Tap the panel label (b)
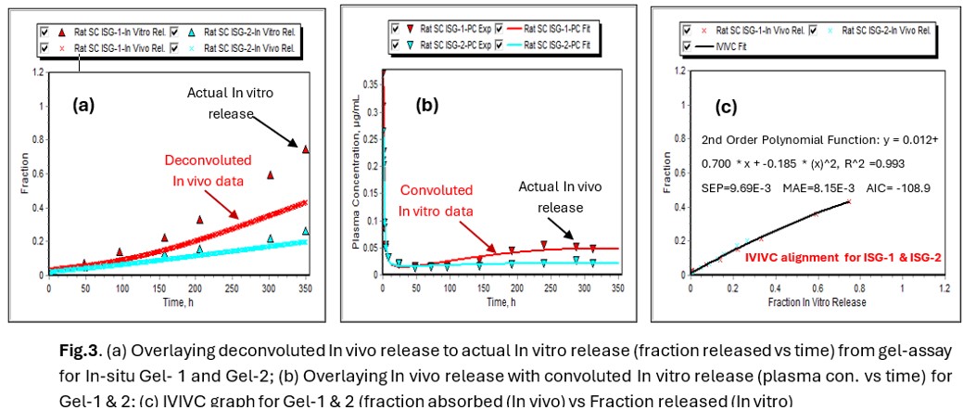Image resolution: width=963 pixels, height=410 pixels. tap(427, 105)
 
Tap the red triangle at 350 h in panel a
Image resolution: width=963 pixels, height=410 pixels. tap(305, 148)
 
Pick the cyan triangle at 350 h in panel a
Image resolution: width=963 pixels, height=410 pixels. tap(306, 231)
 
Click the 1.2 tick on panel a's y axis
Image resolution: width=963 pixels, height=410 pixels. tap(37, 72)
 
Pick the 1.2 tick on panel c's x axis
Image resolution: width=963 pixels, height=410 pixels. tap(944, 288)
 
